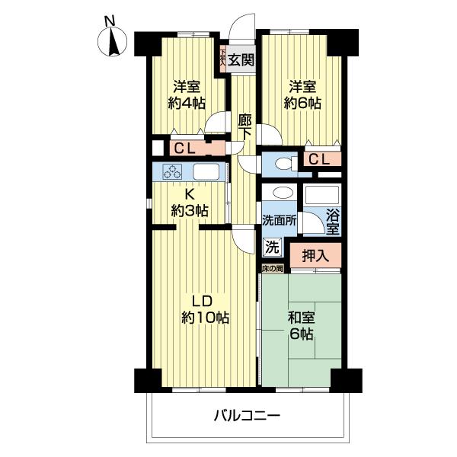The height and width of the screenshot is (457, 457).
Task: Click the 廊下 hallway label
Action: (x=244, y=126)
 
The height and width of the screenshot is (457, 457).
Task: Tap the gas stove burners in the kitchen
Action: (x=173, y=171)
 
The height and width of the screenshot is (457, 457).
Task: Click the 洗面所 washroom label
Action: (x=279, y=219)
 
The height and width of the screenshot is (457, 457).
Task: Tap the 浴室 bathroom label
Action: (x=333, y=220)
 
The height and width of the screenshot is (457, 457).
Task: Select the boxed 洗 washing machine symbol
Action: (x=272, y=246)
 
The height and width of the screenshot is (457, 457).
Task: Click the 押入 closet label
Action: (x=315, y=254)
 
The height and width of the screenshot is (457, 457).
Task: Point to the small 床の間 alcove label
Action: (x=273, y=269)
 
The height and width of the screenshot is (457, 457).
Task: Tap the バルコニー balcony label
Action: (x=246, y=416)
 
